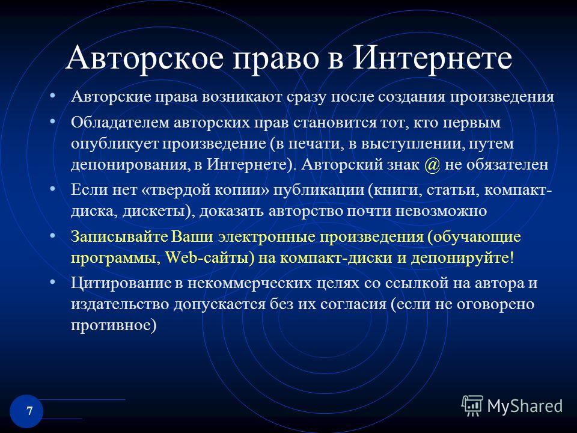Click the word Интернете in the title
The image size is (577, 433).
tap(432, 58)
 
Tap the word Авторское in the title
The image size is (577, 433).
tap(145, 58)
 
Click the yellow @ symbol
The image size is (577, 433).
tap(432, 165)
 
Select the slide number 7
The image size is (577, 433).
tap(29, 411)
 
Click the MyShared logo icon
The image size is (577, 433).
tap(472, 406)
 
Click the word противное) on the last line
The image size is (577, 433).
tap(114, 325)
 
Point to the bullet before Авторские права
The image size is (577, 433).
tap(53, 96)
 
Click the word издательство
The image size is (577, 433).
tap(120, 304)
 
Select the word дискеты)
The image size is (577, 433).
tap(159, 211)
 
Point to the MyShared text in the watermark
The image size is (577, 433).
tap(525, 406)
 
